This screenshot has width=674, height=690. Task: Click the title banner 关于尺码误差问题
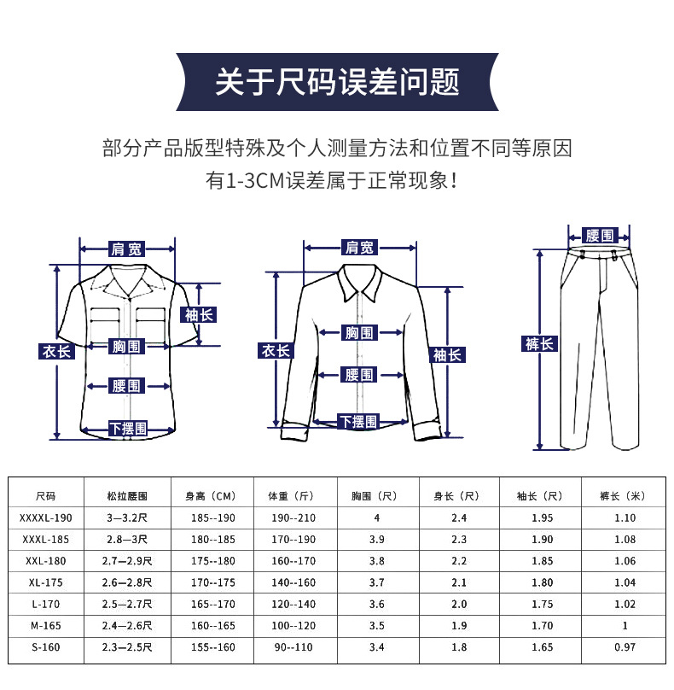click(x=337, y=82)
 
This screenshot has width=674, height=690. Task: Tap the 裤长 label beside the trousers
click(x=539, y=344)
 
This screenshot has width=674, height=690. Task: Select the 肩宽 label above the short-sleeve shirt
click(x=127, y=249)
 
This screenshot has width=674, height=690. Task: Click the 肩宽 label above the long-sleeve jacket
click(x=359, y=248)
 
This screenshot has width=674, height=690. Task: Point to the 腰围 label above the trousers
click(x=600, y=235)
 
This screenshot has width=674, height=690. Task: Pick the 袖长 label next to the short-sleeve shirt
click(x=200, y=314)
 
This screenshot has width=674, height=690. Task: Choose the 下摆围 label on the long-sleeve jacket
click(x=358, y=421)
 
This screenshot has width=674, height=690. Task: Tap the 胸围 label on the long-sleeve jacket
click(x=358, y=332)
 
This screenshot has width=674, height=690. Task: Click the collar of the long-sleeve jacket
click(x=360, y=282)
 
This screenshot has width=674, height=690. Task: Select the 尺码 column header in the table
click(x=46, y=495)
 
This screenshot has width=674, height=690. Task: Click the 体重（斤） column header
click(x=292, y=495)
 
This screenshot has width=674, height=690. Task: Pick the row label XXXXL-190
click(x=46, y=517)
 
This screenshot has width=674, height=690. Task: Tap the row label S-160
click(x=46, y=647)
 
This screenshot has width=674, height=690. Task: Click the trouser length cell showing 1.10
click(x=625, y=517)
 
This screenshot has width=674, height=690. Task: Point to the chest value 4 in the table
click(x=376, y=517)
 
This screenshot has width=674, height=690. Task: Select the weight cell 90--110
click(x=292, y=647)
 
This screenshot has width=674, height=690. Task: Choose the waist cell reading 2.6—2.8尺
click(x=127, y=582)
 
